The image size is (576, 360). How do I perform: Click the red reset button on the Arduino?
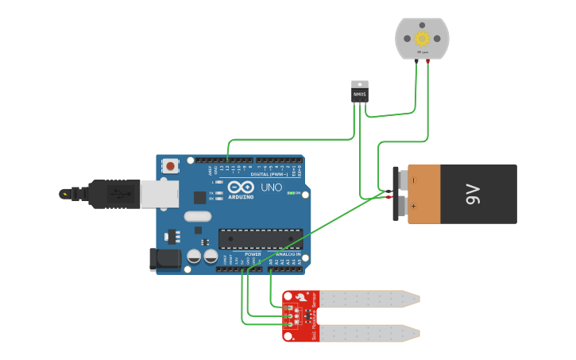(x=169, y=166)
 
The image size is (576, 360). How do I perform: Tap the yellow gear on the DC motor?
(x=422, y=38)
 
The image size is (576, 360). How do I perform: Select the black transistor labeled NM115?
(x=360, y=95)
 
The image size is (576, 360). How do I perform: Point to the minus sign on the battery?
(x=412, y=180)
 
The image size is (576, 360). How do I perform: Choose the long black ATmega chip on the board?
(x=261, y=238)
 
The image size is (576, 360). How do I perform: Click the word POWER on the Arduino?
(x=253, y=254)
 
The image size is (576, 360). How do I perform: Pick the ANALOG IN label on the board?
(x=288, y=254)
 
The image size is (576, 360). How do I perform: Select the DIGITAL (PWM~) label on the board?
(x=269, y=173)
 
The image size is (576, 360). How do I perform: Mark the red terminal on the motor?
(x=428, y=61)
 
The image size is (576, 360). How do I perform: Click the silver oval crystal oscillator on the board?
(x=198, y=216)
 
